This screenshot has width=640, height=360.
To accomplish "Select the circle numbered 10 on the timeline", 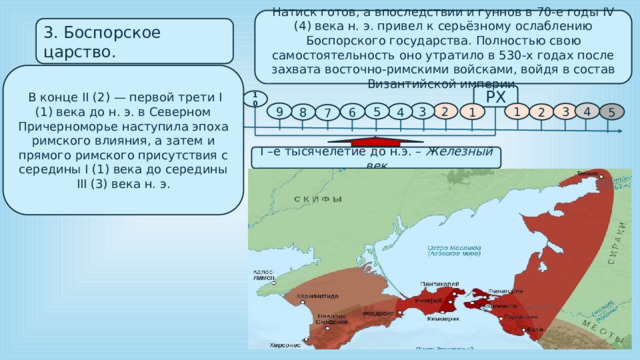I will (x=256, y=100).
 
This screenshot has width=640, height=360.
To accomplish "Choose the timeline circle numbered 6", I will (x=351, y=114).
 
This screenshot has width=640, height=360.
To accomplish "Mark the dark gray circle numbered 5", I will (x=611, y=113).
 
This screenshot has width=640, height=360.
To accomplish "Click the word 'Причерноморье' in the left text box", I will (x=65, y=144).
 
